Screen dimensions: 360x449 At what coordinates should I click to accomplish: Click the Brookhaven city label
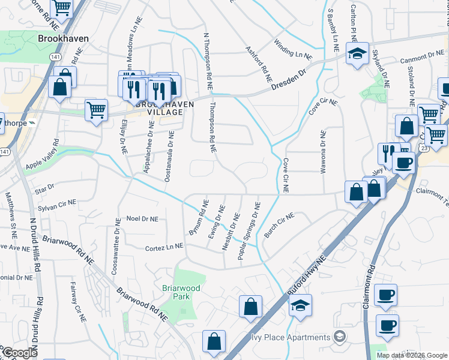[63, 38]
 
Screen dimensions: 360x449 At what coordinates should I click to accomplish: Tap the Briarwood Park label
[180, 292]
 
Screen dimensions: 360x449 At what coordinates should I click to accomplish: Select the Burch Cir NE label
[279, 225]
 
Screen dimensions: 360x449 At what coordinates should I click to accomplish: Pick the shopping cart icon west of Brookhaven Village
[96, 110]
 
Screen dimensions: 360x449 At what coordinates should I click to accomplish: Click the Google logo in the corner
[20, 353]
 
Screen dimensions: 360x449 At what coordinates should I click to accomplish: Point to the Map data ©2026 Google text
[411, 355]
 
